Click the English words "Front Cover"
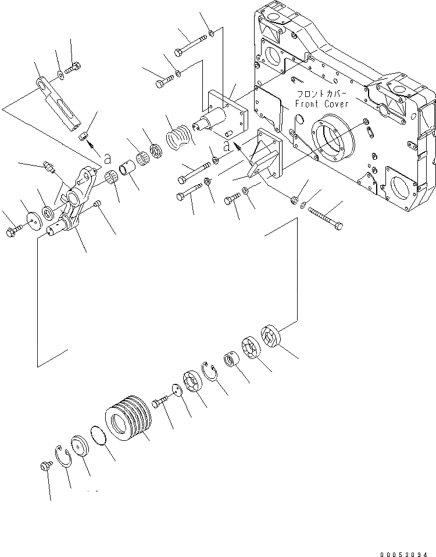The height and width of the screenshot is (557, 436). (322, 104)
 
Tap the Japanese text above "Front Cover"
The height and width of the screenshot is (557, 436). (321, 94)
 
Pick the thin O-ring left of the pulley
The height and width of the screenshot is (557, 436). (101, 436)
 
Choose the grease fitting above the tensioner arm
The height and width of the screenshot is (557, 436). (49, 168)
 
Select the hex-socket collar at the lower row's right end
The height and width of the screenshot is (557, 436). (272, 337)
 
